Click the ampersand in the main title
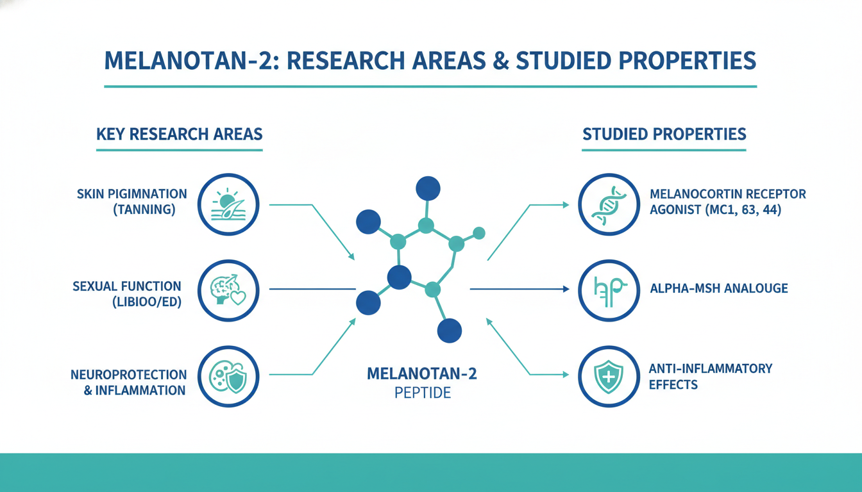(501, 61)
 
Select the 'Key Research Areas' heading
(180, 134)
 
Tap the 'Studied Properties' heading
(664, 134)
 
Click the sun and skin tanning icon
(228, 204)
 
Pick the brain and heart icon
(228, 290)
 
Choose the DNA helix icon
(609, 205)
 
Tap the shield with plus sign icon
(609, 377)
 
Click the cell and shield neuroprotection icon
(228, 377)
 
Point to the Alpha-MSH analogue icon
(609, 291)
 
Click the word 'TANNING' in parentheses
(144, 209)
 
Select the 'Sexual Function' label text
(126, 286)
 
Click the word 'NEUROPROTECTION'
(128, 375)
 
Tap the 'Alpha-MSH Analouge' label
(719, 288)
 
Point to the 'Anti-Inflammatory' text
(711, 368)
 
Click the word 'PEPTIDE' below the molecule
(423, 393)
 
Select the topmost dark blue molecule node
(428, 188)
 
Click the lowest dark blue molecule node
(450, 331)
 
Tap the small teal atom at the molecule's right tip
(478, 233)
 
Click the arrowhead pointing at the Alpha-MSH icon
(566, 289)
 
